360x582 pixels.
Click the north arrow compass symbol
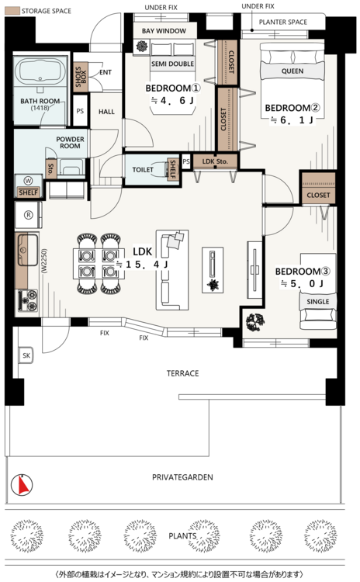pyautogui.click(x=22, y=485)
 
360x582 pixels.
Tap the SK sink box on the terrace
pyautogui.click(x=26, y=355)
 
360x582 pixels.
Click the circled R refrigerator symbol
pyautogui.click(x=28, y=215)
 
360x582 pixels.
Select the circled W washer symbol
pyautogui.click(x=28, y=181)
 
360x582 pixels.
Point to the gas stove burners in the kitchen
pyautogui.click(x=28, y=300)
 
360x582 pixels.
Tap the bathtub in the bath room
pyautogui.click(x=40, y=70)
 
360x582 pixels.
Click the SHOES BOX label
pyautogui.click(x=81, y=77)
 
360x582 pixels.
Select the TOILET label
pyautogui.click(x=143, y=170)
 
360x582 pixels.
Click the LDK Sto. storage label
pyautogui.click(x=215, y=161)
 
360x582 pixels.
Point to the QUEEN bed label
pyautogui.click(x=292, y=71)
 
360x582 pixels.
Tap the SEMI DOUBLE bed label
pyautogui.click(x=172, y=64)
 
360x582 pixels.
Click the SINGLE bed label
pyautogui.click(x=318, y=302)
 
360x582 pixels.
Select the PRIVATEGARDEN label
pyautogui.click(x=182, y=477)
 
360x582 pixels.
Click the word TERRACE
pyautogui.click(x=182, y=373)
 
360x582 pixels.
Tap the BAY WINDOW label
pyautogui.click(x=164, y=31)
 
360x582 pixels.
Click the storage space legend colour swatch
pyautogui.click(x=12, y=11)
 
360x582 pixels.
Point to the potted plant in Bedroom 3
pyautogui.click(x=255, y=321)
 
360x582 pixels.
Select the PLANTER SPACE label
pyautogui.click(x=283, y=23)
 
